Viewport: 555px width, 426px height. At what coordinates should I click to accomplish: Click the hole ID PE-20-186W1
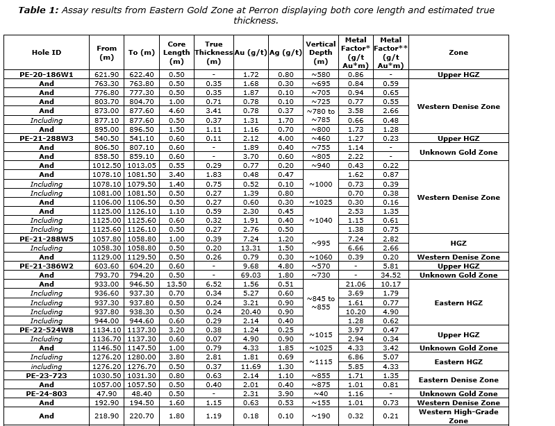(47, 74)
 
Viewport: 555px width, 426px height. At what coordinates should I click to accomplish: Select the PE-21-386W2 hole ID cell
(47, 266)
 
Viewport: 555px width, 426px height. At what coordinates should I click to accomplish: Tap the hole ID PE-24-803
(47, 393)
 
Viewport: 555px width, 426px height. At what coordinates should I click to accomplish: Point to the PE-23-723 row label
(47, 375)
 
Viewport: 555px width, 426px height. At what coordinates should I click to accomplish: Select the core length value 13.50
(177, 284)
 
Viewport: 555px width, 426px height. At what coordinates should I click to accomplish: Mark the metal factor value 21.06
(356, 284)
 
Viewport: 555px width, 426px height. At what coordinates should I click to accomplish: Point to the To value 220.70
(142, 416)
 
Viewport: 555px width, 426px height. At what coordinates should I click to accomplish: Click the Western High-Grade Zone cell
(458, 416)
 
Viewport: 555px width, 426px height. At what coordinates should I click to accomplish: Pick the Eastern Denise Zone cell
(458, 380)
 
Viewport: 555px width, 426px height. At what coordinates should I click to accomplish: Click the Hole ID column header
(47, 52)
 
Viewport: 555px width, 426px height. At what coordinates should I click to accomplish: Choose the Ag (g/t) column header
(286, 52)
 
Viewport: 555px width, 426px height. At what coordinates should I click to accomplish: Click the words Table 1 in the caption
(38, 10)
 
